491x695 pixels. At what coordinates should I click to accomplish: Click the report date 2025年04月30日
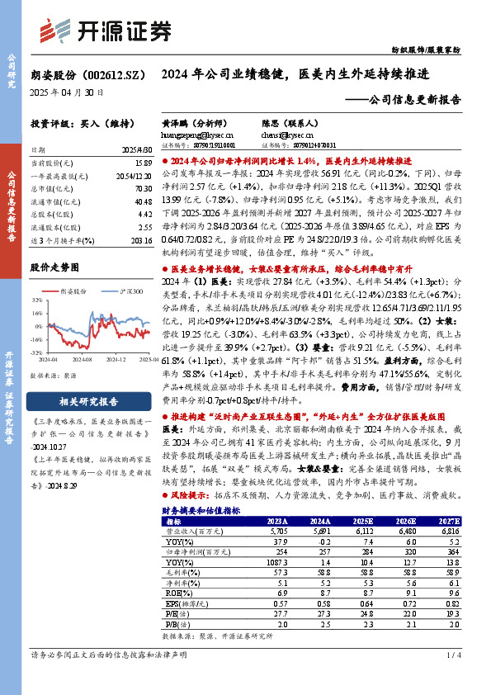pos(67,92)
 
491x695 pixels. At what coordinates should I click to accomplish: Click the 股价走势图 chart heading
pos(54,267)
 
